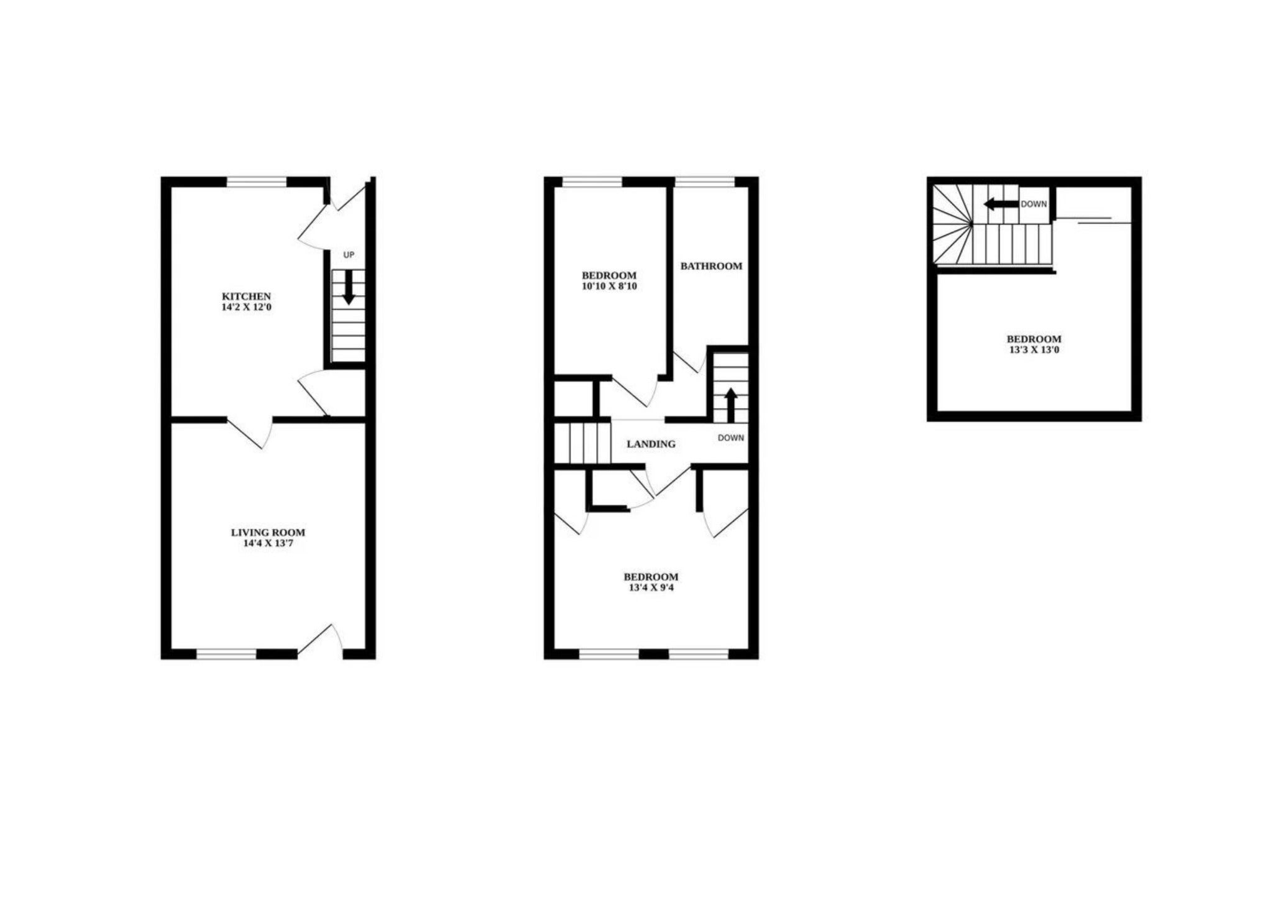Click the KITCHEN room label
coord(247,296)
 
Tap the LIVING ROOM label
coord(268,533)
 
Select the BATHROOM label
coord(711,266)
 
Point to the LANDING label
coord(651,444)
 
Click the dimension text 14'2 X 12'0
coord(247,307)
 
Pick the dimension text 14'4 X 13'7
coord(268,543)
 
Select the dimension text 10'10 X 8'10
coord(609,286)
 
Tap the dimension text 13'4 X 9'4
coord(651,587)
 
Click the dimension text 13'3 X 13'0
coord(1034,350)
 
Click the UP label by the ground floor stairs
coord(349,255)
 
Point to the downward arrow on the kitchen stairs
coord(349,287)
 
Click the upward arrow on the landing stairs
coord(731,405)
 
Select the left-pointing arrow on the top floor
coord(1001,204)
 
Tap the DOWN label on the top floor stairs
coord(1034,204)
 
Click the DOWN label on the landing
coord(731,438)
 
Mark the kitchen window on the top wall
coord(256,181)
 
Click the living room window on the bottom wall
coord(226,654)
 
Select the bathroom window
coord(705,181)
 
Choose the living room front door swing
coord(320,640)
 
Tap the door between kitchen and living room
coord(250,433)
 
